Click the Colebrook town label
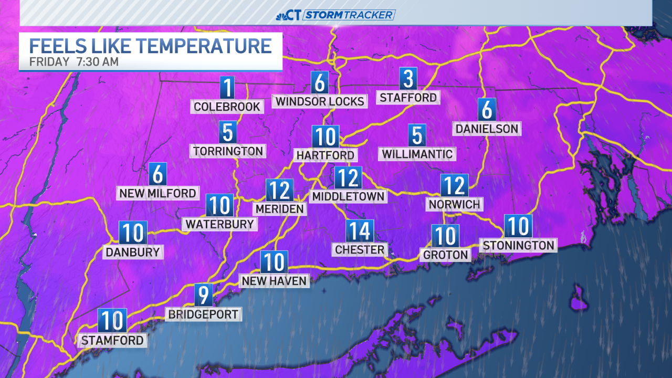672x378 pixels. (227, 107)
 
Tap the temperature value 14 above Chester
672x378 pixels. (360, 231)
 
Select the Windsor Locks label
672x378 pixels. (320, 101)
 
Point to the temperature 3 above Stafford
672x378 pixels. (408, 79)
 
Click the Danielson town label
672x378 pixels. (487, 129)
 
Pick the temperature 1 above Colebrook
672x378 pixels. (227, 87)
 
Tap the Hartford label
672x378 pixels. (325, 155)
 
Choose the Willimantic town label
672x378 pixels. (417, 154)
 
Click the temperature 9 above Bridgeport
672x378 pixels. (204, 295)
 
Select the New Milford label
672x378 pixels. (157, 193)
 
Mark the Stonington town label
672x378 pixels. (518, 245)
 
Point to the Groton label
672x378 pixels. (445, 255)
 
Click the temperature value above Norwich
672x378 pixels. (454, 185)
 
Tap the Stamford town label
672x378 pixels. (112, 340)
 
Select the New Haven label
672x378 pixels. (274, 281)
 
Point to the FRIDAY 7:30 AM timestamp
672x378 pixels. (73, 62)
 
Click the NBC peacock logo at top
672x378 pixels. (282, 15)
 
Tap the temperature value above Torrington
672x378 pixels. (227, 133)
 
